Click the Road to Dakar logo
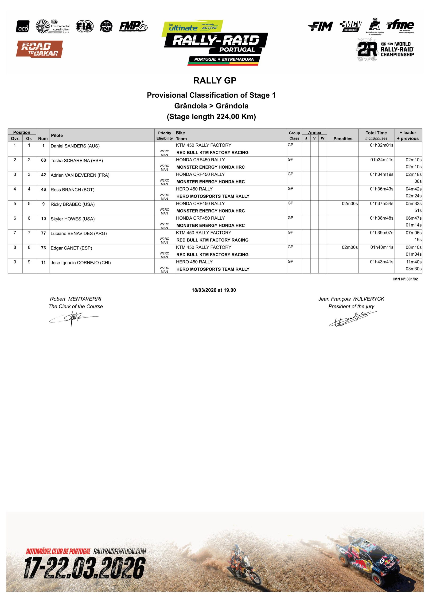(x=39, y=49)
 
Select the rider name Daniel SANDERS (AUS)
(x=75, y=146)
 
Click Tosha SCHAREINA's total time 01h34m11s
(x=382, y=160)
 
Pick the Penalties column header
(x=343, y=139)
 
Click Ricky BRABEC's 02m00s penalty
(x=350, y=203)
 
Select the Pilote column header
(x=57, y=135)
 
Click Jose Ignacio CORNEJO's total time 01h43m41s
(x=382, y=262)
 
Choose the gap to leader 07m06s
(x=413, y=233)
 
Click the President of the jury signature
(x=352, y=319)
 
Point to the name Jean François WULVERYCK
(x=351, y=299)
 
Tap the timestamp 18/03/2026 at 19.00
(x=214, y=290)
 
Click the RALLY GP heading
(x=215, y=80)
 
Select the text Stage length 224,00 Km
(x=211, y=116)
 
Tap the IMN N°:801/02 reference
(x=405, y=279)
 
